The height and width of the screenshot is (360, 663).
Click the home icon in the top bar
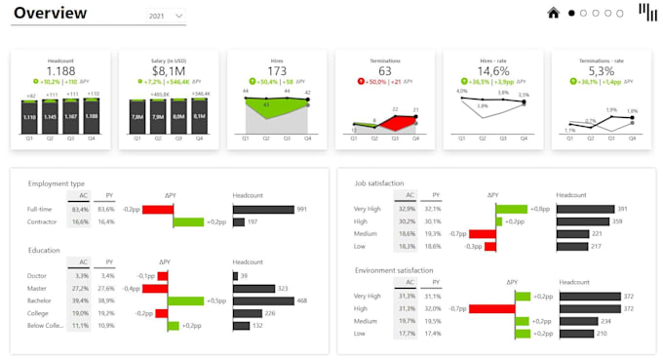pyautogui.click(x=554, y=13)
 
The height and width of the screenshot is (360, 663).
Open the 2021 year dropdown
pyautogui.click(x=166, y=17)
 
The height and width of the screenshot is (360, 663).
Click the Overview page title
pyautogui.click(x=50, y=14)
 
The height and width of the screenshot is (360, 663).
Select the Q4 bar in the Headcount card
pyautogui.click(x=92, y=116)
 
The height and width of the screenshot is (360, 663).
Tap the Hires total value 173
pyautogui.click(x=276, y=71)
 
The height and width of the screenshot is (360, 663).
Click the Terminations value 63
pyautogui.click(x=384, y=71)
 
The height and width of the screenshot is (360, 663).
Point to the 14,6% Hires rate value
pyautogui.click(x=492, y=71)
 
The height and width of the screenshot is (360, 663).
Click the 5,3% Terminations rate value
pyautogui.click(x=601, y=71)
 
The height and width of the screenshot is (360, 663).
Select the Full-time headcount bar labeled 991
pyautogui.click(x=263, y=209)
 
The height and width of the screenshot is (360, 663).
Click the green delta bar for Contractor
pyautogui.click(x=188, y=222)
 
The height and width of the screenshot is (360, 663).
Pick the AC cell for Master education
pyautogui.click(x=80, y=289)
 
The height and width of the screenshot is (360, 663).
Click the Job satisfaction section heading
pyautogui.click(x=386, y=182)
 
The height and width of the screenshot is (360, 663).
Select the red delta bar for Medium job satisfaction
pyautogui.click(x=482, y=234)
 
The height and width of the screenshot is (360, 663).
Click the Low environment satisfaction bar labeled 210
pyautogui.click(x=574, y=333)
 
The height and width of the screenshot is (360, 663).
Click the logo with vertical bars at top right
pyautogui.click(x=646, y=12)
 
